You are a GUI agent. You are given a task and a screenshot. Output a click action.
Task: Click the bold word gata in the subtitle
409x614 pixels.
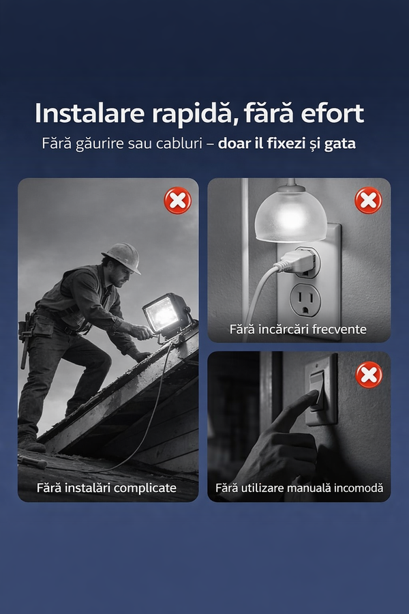[x=339, y=145]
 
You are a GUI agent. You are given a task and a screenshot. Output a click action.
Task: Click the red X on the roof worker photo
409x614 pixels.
[x=178, y=201]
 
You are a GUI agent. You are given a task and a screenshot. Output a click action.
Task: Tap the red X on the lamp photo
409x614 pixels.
[x=368, y=201]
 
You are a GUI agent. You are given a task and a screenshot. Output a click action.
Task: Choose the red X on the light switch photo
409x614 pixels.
[x=369, y=375]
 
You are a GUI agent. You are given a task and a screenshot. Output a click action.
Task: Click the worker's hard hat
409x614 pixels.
[x=123, y=257]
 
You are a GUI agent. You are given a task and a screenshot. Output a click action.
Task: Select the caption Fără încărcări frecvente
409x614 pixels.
[x=298, y=330]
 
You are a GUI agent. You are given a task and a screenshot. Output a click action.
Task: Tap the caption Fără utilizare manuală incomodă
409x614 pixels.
[x=299, y=488]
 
